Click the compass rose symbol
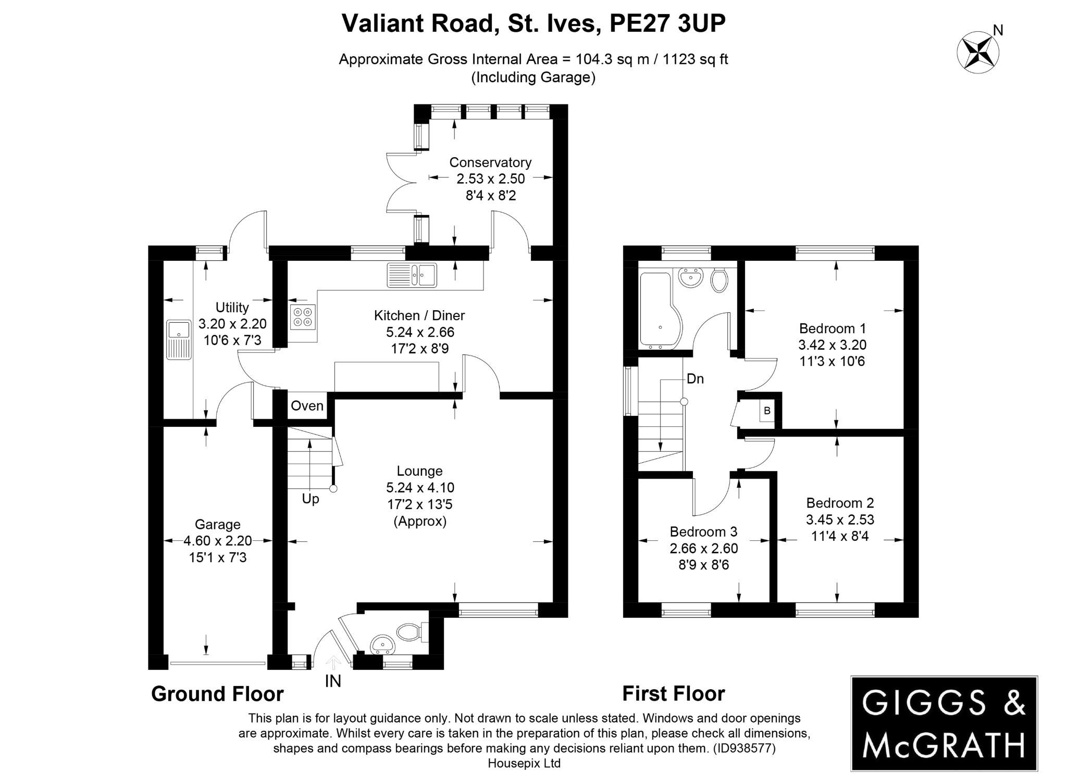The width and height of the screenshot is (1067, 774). (x=978, y=52)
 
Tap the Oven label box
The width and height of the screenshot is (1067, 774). (x=307, y=406)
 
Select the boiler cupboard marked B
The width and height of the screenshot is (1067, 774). (x=767, y=411)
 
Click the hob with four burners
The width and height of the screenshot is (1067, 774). (x=303, y=317)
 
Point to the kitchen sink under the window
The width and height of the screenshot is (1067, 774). (x=412, y=275)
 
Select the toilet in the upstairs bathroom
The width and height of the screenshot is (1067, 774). (x=719, y=281)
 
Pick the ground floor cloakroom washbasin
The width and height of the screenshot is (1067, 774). (x=382, y=645)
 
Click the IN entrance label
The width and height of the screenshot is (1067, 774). (x=333, y=681)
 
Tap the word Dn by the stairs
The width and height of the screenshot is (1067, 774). (x=695, y=379)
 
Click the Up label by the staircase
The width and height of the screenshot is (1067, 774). (x=311, y=499)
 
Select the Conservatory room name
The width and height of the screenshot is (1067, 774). (x=490, y=162)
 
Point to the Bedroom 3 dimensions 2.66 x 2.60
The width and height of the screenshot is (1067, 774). (x=703, y=548)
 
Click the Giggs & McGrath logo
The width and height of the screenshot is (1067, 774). (x=944, y=723)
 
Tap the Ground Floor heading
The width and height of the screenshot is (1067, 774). (x=217, y=694)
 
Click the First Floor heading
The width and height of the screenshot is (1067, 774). (x=673, y=694)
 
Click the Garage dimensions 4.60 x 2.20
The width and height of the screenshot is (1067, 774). (x=217, y=541)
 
